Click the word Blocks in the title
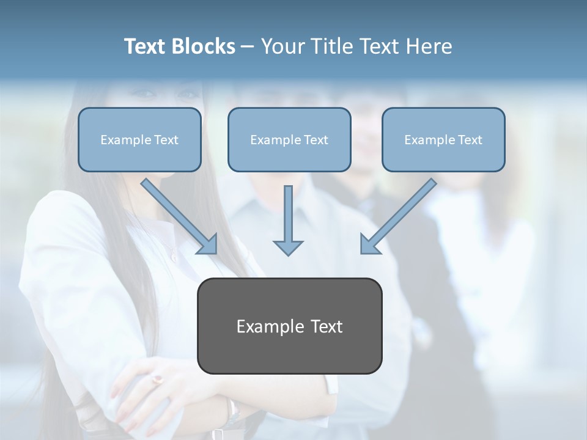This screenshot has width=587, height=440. click(x=204, y=46)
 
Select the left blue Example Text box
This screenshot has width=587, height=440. click(x=139, y=140)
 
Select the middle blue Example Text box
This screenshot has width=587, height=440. click(x=289, y=140)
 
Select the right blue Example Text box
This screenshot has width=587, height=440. click(x=443, y=140)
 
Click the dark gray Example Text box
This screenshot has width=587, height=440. click(x=289, y=326)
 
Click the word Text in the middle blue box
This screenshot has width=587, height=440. click(x=316, y=140)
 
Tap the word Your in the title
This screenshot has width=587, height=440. click(x=282, y=46)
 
